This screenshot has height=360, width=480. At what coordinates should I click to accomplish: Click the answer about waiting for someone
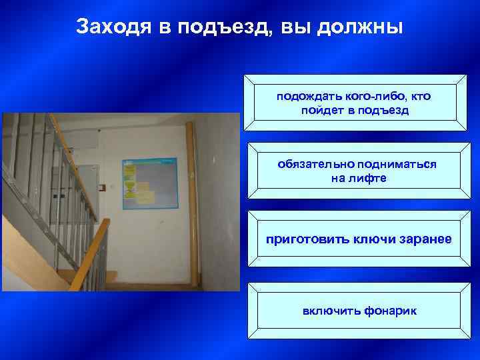coord(354,103)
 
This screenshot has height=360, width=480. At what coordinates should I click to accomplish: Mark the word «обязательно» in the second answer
coord(316,164)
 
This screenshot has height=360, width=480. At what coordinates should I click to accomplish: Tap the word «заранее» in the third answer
coord(421,238)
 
